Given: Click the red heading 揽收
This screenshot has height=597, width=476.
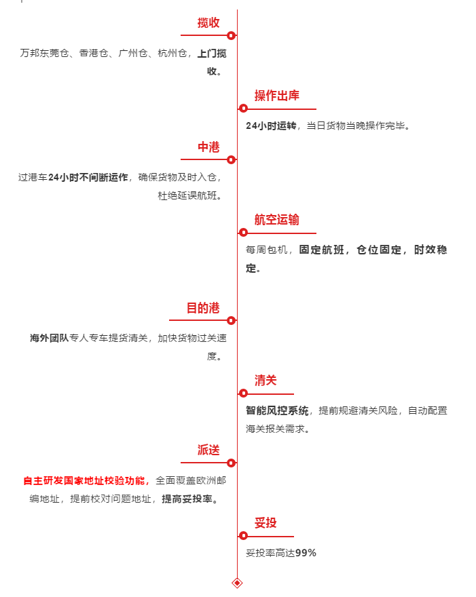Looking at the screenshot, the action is point(208,22).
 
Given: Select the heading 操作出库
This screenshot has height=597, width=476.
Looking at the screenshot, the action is point(276,96).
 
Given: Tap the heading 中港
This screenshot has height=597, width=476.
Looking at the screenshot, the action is point(208,147).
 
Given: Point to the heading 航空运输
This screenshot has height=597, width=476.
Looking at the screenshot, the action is point(276,220).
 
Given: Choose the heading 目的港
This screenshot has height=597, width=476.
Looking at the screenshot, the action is point(203,308).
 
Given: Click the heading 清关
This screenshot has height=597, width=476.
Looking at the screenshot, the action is point(266,381).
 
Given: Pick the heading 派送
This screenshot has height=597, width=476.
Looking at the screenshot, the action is point(208,450).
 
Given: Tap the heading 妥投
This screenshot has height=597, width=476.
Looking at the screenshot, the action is point(266,523).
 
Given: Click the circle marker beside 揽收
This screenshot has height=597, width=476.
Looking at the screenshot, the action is point(231,35).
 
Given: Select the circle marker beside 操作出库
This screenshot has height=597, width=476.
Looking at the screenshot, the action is point(243,109).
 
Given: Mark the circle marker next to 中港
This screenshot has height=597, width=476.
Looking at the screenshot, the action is point(231,160).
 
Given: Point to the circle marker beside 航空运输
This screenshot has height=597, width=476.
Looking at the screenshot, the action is point(243,233).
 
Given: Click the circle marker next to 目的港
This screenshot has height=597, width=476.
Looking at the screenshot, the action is point(231,321).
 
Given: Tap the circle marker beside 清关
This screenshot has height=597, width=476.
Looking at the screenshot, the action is point(243,393).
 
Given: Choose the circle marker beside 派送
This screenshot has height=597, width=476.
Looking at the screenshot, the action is point(231,463).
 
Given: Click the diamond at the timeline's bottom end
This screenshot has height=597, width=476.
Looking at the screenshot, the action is point(237,583).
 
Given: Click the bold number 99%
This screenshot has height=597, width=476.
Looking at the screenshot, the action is point(306,553).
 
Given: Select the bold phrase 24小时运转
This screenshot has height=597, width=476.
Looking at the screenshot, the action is point(271,126).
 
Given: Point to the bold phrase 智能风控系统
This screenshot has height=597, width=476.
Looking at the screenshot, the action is point(277,410).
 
